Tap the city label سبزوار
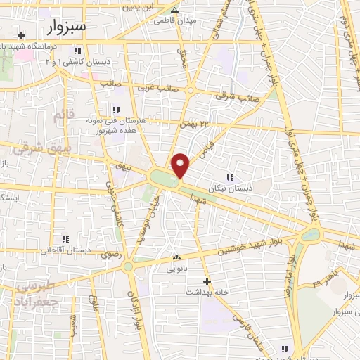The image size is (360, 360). point(68,27)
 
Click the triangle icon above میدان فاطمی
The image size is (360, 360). point(175,10)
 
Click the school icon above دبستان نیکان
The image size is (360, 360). point(229,176)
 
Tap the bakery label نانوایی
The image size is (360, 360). point(176,268)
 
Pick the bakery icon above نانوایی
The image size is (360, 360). point(176,258)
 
